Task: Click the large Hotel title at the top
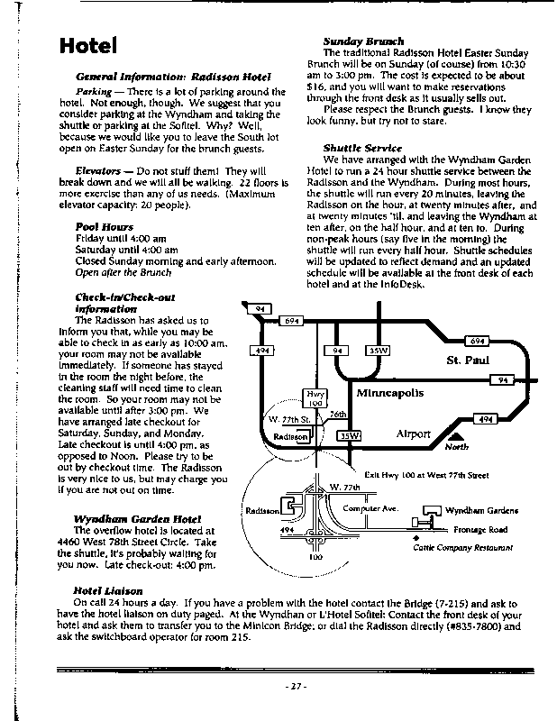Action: click(87, 45)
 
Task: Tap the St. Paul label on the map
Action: click(467, 360)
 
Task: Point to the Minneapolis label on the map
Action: click(389, 394)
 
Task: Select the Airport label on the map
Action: click(414, 434)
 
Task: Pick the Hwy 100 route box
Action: click(315, 398)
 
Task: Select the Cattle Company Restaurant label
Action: click(463, 547)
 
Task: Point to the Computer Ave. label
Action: click(370, 507)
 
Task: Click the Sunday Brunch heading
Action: click(363, 41)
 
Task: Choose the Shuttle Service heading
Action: click(362, 148)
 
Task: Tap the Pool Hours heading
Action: click(105, 227)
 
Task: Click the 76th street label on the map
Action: click(338, 414)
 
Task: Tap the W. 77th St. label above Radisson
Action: click(290, 420)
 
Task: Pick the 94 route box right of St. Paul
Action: click(502, 381)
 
